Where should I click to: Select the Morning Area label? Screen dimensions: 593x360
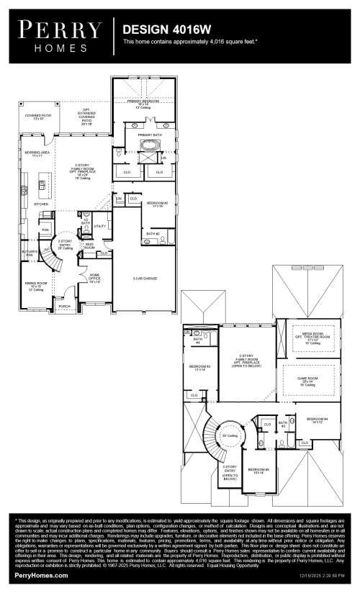click(x=37, y=154)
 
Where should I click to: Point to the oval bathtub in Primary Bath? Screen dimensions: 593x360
click(x=150, y=152)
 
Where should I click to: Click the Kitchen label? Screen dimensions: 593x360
click(x=41, y=204)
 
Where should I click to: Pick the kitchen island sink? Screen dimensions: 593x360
click(x=42, y=189)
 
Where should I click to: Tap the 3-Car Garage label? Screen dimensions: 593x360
click(x=144, y=278)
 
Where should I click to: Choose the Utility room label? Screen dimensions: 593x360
click(x=99, y=226)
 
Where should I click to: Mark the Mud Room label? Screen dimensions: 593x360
click(x=89, y=246)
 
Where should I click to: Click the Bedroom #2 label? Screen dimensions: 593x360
click(x=157, y=204)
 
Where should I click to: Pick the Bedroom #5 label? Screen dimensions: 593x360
click(x=258, y=472)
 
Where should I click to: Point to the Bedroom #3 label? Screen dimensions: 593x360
click(x=198, y=368)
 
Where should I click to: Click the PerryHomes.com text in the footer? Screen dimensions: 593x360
click(x=41, y=576)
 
